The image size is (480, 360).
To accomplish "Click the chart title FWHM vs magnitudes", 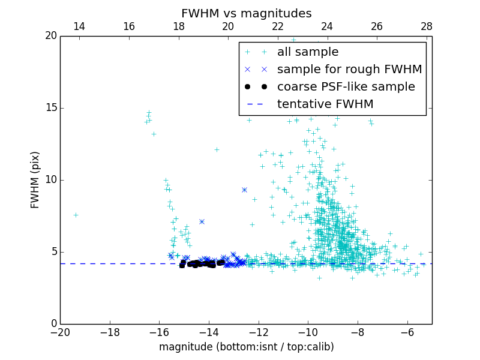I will pos(246,13).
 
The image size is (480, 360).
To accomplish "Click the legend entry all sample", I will pos(307,52).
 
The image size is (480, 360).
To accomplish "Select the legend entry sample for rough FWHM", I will pos(349,70).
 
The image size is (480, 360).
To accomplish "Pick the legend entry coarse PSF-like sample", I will pos(346,87).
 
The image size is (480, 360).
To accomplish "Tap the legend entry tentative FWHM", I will pos(325,104).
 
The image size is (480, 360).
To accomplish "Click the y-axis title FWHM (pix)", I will pos(35,180).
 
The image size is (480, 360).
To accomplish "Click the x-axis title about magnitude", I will pos(246,347).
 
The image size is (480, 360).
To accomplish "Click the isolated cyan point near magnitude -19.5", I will pos(76,215).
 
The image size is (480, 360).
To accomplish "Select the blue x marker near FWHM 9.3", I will pos(244,190).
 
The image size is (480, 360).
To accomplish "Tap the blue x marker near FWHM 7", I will pos(202,221).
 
